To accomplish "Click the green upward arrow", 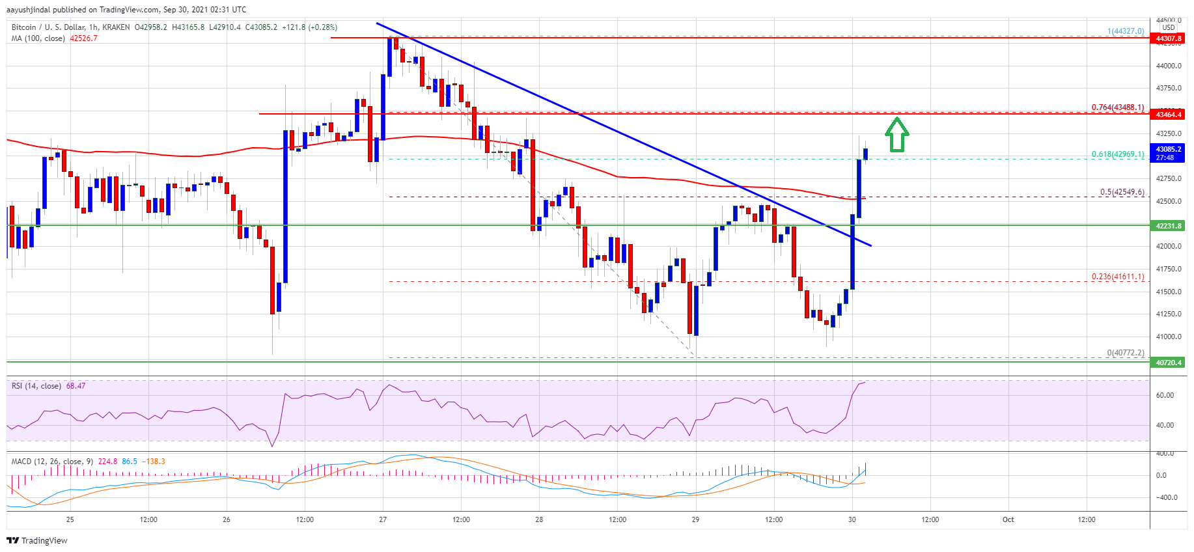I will pos(896,134).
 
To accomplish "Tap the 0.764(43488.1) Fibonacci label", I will pos(1117,107).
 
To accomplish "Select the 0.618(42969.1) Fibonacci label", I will pos(1117,154).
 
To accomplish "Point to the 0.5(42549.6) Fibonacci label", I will pos(1122,192).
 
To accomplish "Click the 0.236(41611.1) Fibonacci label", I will pos(1117,277).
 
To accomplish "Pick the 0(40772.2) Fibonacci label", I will pos(1125,353).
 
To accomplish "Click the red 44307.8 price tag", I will pos(1169,38).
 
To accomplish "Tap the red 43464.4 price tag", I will pos(1169,115).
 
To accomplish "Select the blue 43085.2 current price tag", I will pos(1169,153).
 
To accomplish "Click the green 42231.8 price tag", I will pos(1169,226).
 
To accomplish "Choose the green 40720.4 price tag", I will pos(1169,363).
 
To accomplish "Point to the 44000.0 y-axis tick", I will pos(1169,66).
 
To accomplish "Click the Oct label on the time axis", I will pos(1008,519).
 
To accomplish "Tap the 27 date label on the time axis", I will pos(383,519).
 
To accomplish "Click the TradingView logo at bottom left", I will pos(37,540).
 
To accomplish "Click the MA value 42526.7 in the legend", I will pos(83,38).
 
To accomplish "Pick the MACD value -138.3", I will pos(154,462).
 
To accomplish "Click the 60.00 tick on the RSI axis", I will pos(1165,395).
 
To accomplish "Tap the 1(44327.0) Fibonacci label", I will pos(1125,31).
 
